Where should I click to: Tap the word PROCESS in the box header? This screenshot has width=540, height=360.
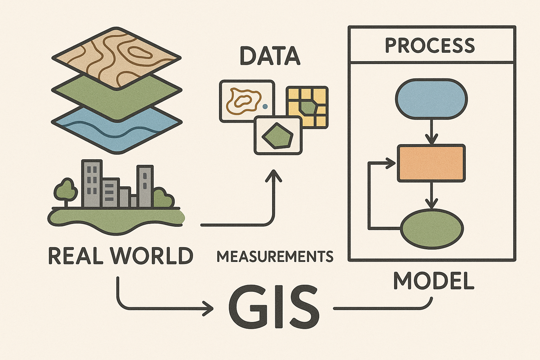[430, 45]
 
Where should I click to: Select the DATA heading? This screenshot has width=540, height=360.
[270, 56]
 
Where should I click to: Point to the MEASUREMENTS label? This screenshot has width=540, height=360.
[275, 257]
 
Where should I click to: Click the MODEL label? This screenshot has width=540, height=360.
[433, 281]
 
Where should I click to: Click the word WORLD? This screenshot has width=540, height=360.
[152, 256]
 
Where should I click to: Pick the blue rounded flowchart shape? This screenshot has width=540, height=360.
[431, 98]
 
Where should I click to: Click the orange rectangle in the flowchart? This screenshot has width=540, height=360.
[431, 163]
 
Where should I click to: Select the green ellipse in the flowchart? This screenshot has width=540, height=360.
[432, 229]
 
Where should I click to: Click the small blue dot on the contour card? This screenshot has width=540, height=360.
[265, 106]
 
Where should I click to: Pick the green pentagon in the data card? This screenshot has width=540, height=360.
[278, 135]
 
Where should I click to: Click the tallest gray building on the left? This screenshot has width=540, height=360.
[92, 183]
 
